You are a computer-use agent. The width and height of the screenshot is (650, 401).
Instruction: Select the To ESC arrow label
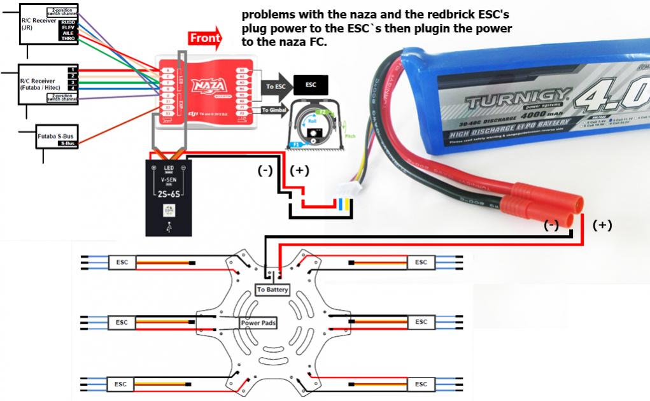click(x=276, y=85)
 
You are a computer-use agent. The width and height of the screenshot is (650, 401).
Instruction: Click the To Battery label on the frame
click(x=272, y=290)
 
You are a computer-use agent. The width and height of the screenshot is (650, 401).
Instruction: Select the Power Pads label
click(x=258, y=323)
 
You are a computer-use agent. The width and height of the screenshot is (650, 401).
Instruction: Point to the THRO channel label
click(x=67, y=39)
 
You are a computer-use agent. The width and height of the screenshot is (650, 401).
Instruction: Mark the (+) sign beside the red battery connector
click(x=602, y=225)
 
